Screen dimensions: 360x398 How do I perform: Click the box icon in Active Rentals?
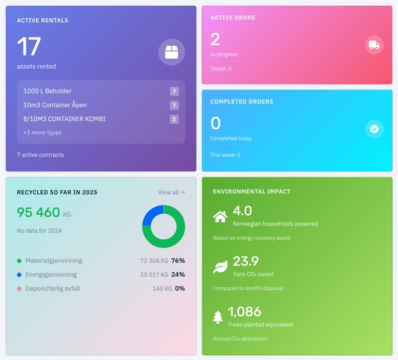[x=172, y=52]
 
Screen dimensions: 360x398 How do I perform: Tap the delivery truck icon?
[x=374, y=45]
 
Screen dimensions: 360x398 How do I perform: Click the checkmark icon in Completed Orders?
[x=374, y=129]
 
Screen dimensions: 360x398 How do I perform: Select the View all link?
[x=171, y=192]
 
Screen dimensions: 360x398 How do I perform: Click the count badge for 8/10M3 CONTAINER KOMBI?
[x=174, y=119]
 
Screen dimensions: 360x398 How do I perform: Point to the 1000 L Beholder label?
[x=47, y=91]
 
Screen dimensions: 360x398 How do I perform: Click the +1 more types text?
[x=42, y=133]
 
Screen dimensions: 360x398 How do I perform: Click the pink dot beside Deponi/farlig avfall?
[x=19, y=288]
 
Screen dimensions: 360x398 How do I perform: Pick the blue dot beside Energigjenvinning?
[x=19, y=274]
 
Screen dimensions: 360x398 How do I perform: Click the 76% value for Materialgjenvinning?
[x=178, y=261]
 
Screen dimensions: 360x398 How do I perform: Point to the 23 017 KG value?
[x=154, y=274]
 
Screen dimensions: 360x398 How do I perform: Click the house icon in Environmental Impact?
[x=220, y=217]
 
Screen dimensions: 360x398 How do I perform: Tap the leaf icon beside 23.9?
[x=220, y=267]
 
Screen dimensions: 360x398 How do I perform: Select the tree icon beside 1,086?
[x=218, y=317]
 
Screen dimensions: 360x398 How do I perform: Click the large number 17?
[x=29, y=47]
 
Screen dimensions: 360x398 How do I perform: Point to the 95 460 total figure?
[x=38, y=212]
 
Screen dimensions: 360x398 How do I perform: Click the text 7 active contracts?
[x=40, y=155]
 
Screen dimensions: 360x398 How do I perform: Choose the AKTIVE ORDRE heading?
[x=232, y=18]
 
